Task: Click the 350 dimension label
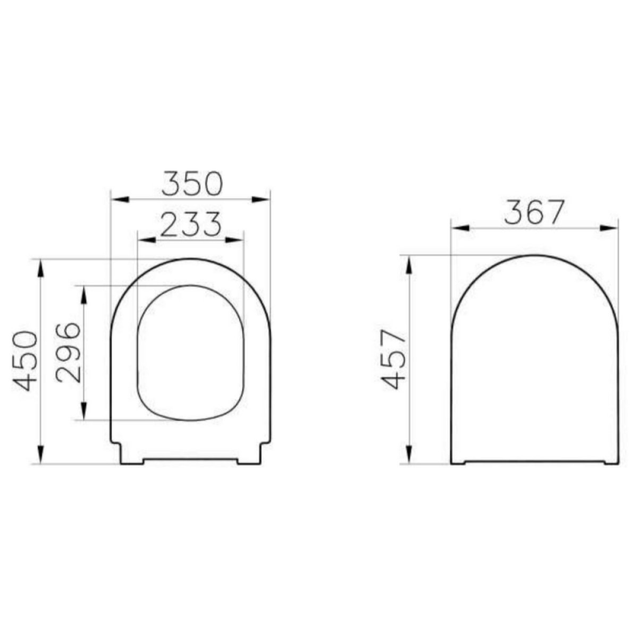[x=192, y=183]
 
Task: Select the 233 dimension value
[x=191, y=224]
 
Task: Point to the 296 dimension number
[x=68, y=353]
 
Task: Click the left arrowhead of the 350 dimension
[x=120, y=199]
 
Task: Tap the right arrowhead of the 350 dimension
[x=261, y=199]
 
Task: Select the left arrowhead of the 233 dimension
[x=147, y=240]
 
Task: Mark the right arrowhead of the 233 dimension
[x=234, y=240]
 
